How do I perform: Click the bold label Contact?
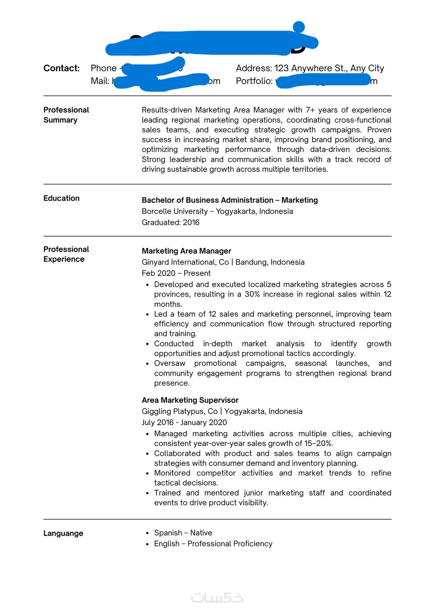pos(61,68)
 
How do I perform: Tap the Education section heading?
pos(62,198)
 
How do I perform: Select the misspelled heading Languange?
pos(63,533)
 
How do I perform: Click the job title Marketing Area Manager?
pos(186,251)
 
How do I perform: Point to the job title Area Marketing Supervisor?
pos(190,400)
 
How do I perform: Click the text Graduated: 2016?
pos(170,223)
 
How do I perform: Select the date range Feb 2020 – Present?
pos(176,273)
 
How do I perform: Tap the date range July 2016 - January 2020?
pos(184,422)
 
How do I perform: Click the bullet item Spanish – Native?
pos(183,533)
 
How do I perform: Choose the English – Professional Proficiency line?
pos(213,544)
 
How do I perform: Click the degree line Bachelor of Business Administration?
pos(208,200)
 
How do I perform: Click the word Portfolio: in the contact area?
pos(254,81)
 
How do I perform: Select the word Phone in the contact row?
pos(103,68)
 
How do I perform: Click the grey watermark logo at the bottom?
pos(217,597)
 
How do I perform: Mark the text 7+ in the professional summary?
pos(310,110)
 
